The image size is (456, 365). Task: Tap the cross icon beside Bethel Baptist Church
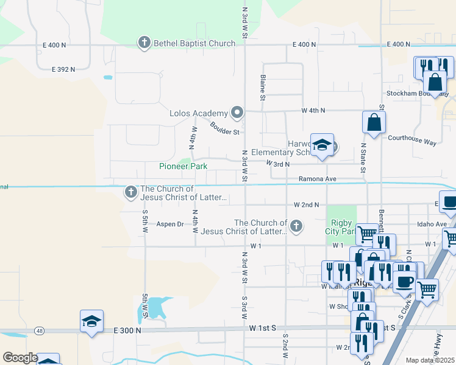[144, 43]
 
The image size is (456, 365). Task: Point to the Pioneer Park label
[183, 166]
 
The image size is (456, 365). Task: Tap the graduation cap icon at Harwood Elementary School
[322, 145]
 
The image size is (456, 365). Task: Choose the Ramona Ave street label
[317, 179]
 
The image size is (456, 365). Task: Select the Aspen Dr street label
[170, 224]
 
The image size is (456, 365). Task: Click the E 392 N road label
[60, 69]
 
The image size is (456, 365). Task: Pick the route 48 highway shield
[40, 330]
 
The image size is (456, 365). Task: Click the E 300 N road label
[126, 330]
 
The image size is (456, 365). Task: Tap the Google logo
[20, 358]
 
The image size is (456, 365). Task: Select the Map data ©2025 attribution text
[430, 360]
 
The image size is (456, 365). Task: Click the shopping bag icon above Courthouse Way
[373, 122]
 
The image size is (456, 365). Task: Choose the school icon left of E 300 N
[91, 321]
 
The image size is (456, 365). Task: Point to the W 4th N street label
[313, 111]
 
